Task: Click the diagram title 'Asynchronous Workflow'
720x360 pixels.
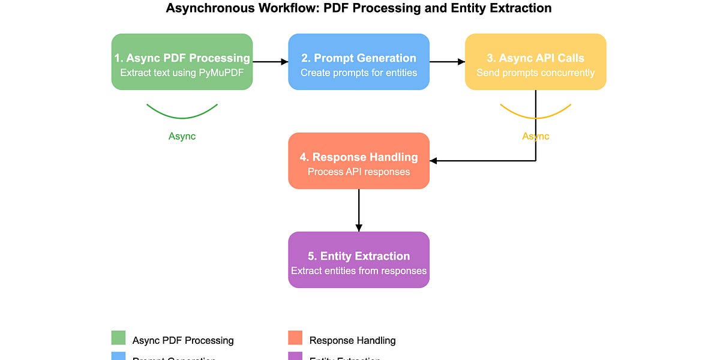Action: [x=359, y=8]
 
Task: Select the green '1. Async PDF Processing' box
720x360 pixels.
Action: [x=182, y=62]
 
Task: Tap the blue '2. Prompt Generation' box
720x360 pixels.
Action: [x=359, y=62]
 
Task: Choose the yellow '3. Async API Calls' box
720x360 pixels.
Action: [x=535, y=62]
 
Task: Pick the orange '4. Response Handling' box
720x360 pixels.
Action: [x=359, y=161]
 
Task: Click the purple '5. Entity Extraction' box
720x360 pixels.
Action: [x=359, y=260]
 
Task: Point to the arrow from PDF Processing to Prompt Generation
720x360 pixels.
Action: [x=270, y=61]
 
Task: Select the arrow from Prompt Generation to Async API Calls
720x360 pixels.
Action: [x=447, y=61]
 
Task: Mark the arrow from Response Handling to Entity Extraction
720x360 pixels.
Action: [x=359, y=210]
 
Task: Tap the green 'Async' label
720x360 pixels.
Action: [x=182, y=136]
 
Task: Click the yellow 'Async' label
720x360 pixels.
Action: [x=535, y=136]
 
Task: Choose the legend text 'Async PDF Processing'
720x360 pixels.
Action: [x=183, y=340]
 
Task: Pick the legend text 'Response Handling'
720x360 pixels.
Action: [x=352, y=340]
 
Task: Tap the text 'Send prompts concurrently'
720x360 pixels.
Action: [x=535, y=73]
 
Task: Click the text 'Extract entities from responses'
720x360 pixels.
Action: [x=359, y=271]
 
